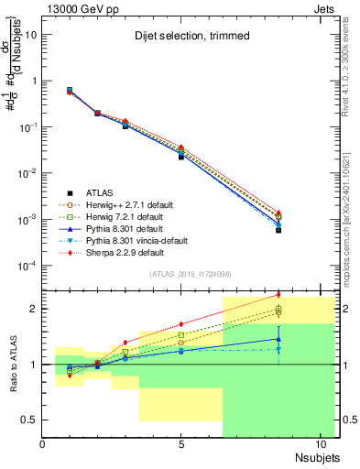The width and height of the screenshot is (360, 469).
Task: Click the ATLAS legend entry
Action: click(x=102, y=193)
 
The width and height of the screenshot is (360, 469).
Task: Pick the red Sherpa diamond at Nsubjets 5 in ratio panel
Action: click(x=181, y=323)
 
